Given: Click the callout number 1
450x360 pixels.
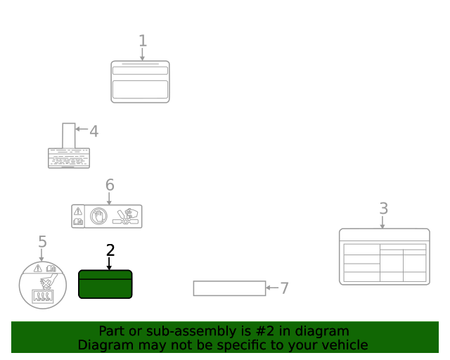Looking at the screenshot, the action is click(x=143, y=41).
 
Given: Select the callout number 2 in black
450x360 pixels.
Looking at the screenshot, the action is click(x=110, y=250).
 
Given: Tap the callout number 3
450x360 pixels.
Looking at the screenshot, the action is click(x=384, y=208).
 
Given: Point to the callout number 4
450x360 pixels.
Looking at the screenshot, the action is click(x=94, y=131).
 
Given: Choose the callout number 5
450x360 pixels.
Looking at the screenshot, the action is click(x=42, y=241).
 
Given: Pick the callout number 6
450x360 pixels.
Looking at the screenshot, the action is click(x=110, y=185).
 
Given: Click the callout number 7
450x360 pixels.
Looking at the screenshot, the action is click(x=284, y=288).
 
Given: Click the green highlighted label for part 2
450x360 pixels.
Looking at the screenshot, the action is click(x=105, y=284).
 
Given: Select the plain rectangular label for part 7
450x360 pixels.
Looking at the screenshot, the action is click(x=230, y=288).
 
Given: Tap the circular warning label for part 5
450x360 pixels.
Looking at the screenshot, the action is click(x=43, y=285).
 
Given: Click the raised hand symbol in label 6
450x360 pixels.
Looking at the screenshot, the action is click(x=98, y=216).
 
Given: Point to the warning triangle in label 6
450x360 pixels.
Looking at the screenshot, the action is click(x=78, y=212).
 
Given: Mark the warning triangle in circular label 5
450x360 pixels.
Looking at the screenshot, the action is click(x=37, y=269).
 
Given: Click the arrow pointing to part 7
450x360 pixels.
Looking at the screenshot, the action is click(x=272, y=288).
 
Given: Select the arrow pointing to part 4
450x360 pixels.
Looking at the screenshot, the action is click(x=82, y=129).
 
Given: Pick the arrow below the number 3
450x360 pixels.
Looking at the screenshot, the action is click(x=382, y=222).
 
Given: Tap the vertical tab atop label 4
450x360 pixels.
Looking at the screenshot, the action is click(x=69, y=136).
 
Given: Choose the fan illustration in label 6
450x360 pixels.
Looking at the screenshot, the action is click(x=126, y=217).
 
